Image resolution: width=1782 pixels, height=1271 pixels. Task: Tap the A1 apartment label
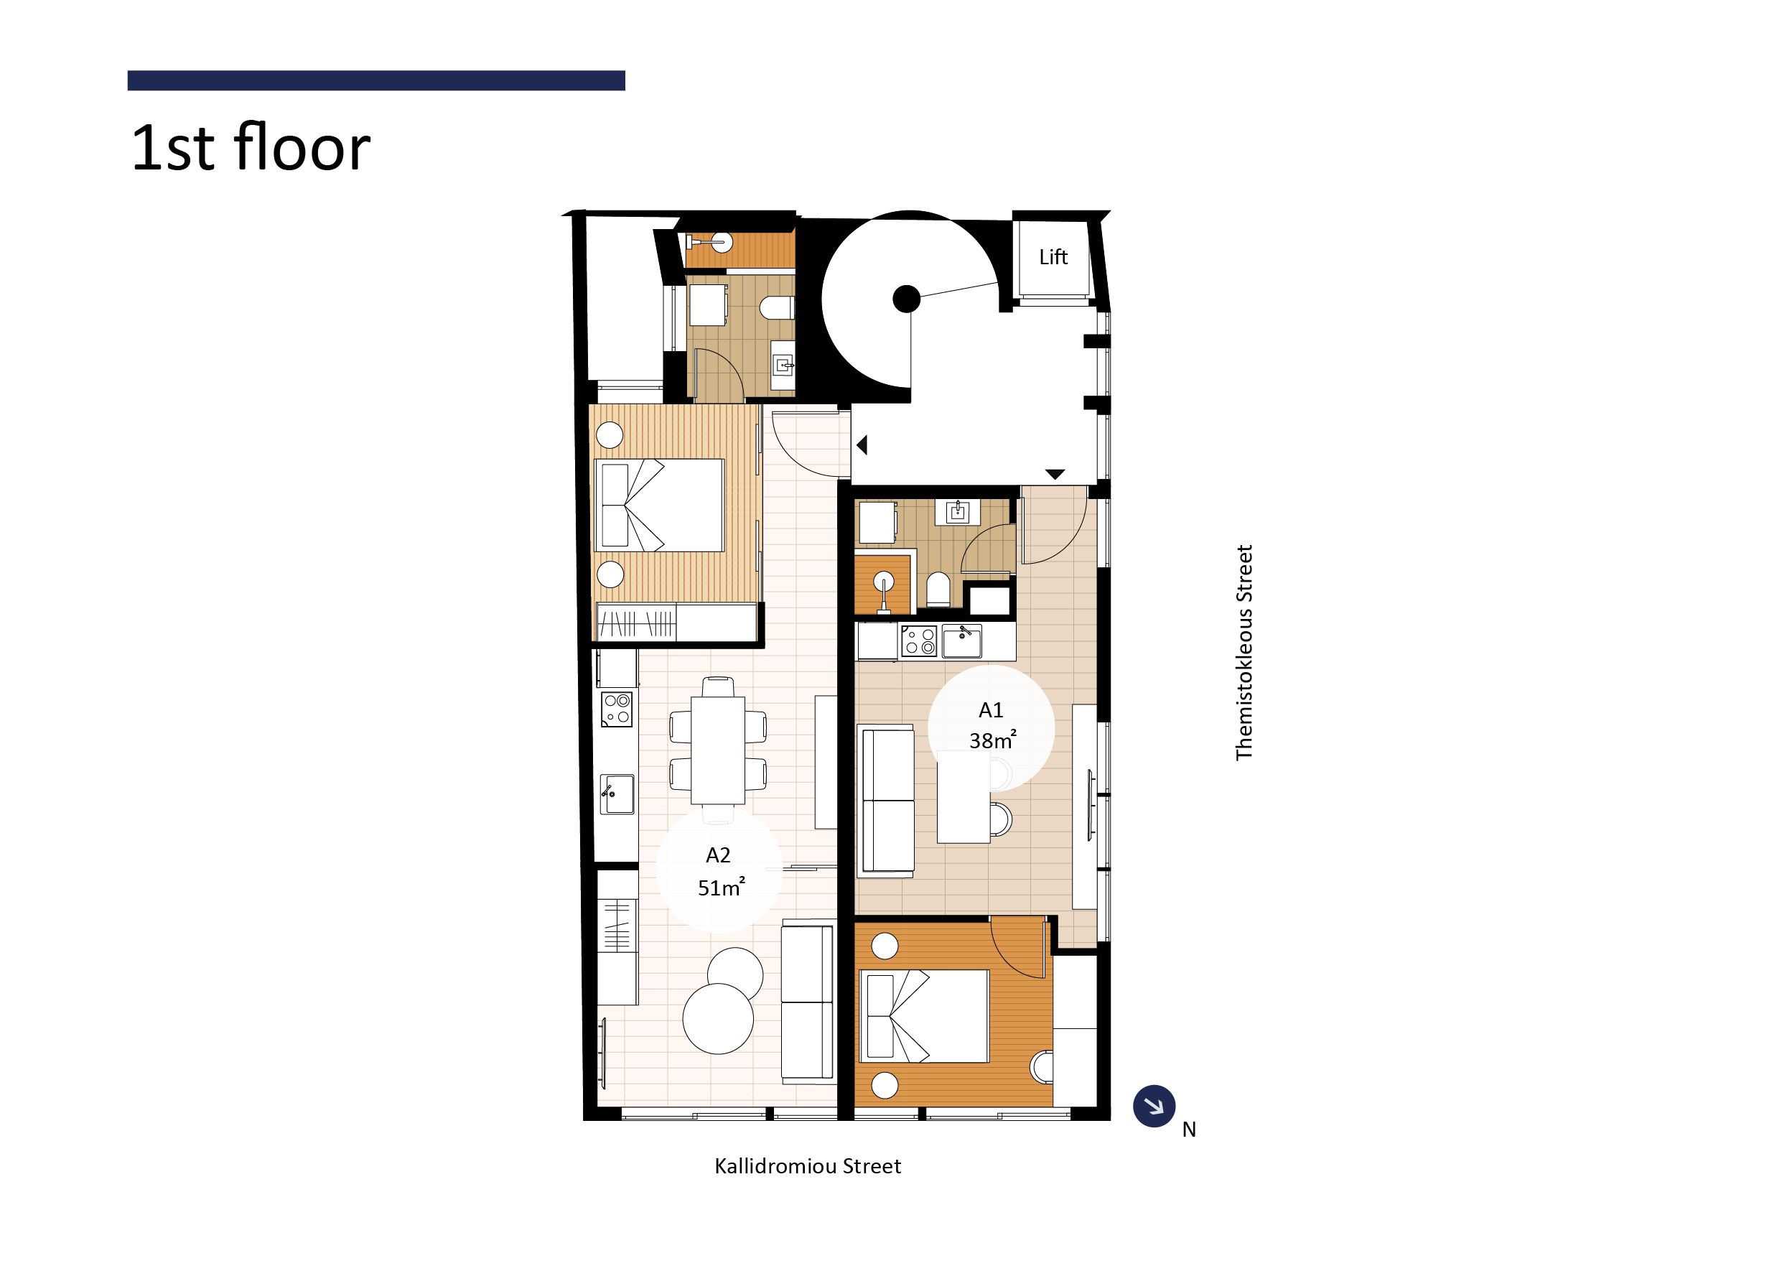[991, 710]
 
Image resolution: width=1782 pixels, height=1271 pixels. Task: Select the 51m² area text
[721, 887]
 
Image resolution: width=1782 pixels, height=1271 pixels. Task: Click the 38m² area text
[992, 739]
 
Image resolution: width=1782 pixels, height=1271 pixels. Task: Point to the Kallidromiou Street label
[808, 1166]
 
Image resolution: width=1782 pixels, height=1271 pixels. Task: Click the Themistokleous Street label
[1244, 652]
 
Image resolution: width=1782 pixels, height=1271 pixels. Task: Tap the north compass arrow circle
[1154, 1106]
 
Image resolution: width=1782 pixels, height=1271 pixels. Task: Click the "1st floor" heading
[251, 147]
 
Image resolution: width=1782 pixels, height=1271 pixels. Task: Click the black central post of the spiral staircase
[906, 298]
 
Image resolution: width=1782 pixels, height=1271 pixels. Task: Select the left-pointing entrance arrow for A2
[862, 444]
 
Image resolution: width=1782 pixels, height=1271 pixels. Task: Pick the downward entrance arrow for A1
[1055, 474]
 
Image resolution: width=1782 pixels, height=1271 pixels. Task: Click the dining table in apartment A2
[718, 750]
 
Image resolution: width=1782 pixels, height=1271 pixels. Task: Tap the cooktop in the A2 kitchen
[617, 709]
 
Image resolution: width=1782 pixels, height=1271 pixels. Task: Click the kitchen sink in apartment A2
[617, 793]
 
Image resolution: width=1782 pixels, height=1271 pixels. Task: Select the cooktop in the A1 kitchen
[919, 641]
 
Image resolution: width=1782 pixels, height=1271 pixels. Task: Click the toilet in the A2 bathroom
[777, 307]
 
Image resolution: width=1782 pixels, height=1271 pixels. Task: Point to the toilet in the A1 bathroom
[938, 590]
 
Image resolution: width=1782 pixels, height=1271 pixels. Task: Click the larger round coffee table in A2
[718, 1018]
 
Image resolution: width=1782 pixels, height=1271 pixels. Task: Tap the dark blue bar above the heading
[376, 80]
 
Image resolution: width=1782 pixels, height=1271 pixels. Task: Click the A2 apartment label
[719, 855]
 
